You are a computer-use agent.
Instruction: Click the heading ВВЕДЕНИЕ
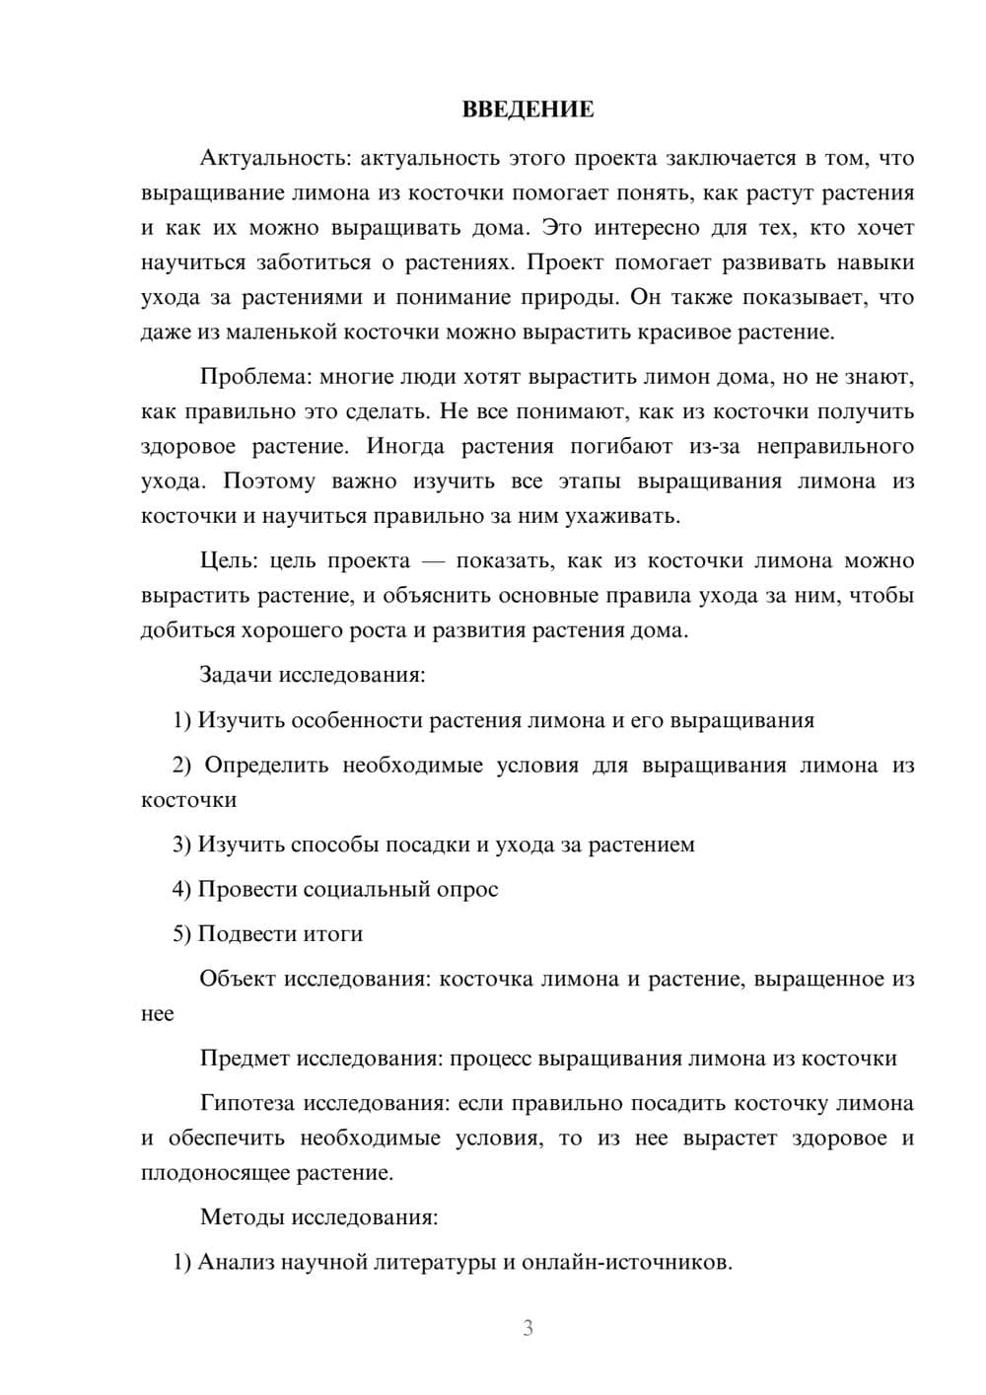point(528,110)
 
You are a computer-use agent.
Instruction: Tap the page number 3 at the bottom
point(528,1328)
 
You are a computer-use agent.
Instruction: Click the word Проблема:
point(255,377)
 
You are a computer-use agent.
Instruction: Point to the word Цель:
point(229,560)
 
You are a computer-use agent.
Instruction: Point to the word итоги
point(327,934)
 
